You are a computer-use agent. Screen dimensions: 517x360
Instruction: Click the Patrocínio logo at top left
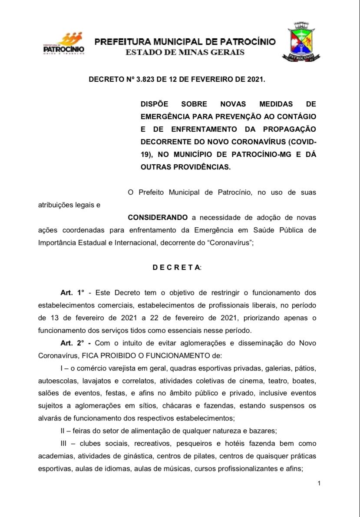[x=64, y=43]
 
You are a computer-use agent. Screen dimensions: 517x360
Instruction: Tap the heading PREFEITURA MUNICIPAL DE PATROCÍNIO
[x=185, y=42]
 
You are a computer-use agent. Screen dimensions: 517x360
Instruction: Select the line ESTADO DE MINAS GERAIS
[x=185, y=53]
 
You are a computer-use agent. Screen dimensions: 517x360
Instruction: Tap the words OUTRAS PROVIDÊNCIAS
[x=185, y=167]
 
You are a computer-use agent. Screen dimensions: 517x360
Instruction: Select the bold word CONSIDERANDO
[x=158, y=217]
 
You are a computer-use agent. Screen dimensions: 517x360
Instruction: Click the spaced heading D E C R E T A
[x=176, y=268]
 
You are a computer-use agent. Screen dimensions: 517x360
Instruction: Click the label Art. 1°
[x=72, y=293]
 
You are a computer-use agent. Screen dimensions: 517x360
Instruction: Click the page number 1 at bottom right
[x=319, y=484]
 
